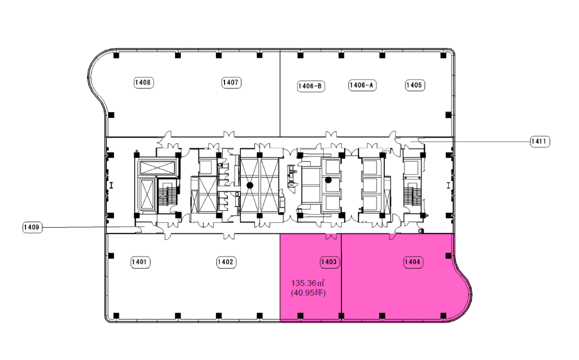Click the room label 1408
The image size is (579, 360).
pos(143,83)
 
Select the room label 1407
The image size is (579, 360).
pos(231,83)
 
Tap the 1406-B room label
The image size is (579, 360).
pos(311,86)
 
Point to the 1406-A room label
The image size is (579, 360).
pos(362,86)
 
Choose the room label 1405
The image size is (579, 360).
pos(415,86)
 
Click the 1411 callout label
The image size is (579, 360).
pos(539,142)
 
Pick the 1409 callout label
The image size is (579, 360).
pos(32,227)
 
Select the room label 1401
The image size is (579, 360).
pos(140,262)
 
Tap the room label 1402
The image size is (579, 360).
pos(226,262)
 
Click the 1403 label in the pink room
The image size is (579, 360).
pos(329,262)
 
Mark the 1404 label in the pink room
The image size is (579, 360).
pos(413,262)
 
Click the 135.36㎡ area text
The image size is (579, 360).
pos(308,283)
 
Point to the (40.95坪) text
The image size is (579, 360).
pos(308,293)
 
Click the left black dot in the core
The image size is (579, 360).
pos(250,185)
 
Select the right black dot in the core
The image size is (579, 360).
pos(328,180)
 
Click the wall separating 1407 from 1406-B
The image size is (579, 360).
pos(280,93)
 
